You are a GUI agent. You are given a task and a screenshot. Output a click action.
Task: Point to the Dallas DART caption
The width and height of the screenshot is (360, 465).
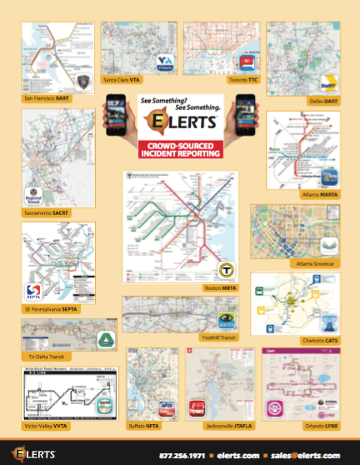[x=319, y=99]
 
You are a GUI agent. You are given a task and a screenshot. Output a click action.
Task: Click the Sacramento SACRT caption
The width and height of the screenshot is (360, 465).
[x=44, y=213]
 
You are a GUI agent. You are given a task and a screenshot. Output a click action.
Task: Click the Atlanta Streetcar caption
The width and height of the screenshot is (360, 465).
[x=315, y=263]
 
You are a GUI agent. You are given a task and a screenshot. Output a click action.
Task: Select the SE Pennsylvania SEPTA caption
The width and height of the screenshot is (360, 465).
[x=51, y=308]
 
